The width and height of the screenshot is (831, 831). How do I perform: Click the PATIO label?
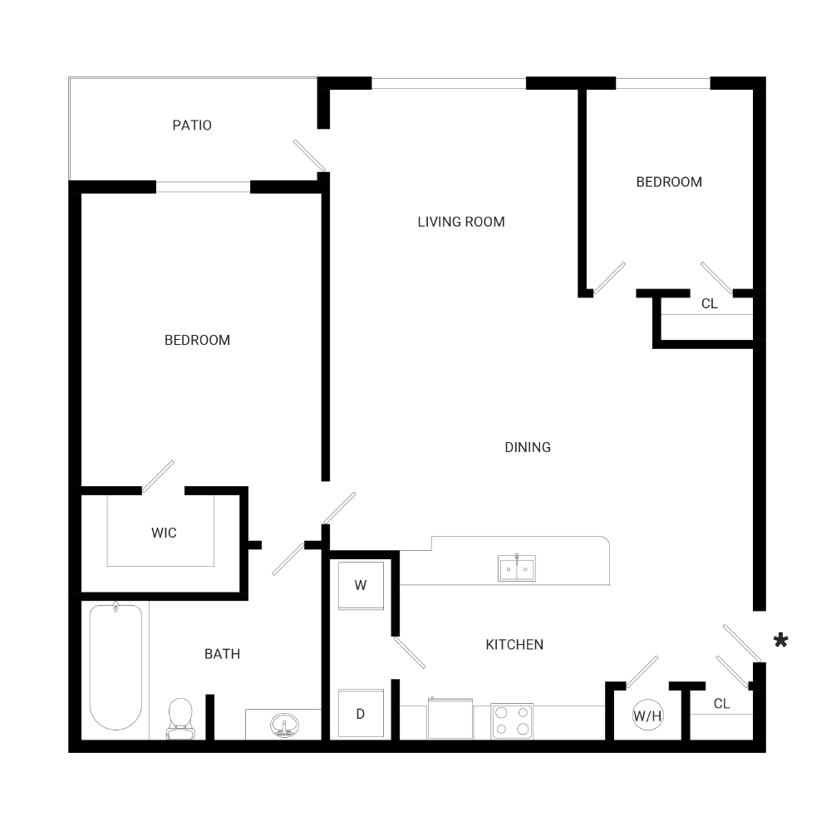(192, 125)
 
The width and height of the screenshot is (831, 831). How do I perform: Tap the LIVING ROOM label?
(461, 222)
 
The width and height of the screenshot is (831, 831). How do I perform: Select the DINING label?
(528, 447)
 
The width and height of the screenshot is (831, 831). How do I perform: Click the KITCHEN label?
(514, 645)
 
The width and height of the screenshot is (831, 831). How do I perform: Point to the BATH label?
(222, 654)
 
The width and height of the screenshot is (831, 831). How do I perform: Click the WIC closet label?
(164, 533)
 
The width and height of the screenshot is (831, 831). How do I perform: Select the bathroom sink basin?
(284, 724)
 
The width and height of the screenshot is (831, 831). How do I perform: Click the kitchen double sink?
(517, 568)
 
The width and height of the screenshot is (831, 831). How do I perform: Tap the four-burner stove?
(512, 720)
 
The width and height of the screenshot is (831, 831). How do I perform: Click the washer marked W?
(361, 585)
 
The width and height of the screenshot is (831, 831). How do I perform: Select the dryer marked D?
(361, 714)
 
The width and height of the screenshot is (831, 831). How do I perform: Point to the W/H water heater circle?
(648, 715)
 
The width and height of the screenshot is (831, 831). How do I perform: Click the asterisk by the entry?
(781, 640)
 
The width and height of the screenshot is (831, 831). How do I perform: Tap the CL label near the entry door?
(721, 704)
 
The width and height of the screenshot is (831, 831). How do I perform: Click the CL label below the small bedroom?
(709, 304)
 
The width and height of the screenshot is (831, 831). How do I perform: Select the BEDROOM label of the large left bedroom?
(197, 340)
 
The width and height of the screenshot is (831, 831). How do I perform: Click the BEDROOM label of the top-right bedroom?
(669, 182)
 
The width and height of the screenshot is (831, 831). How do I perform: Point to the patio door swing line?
(308, 156)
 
